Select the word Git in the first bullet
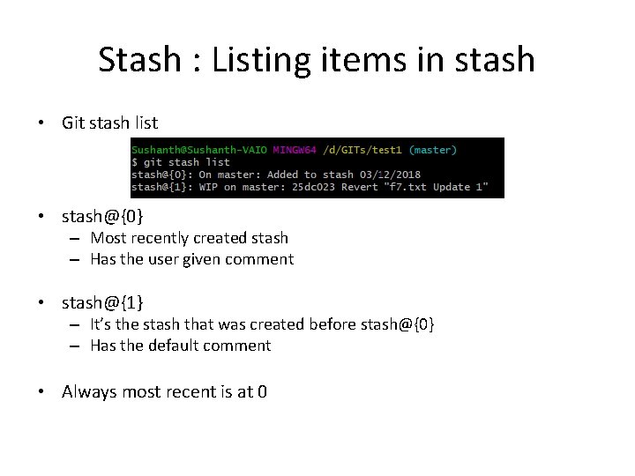(x=73, y=123)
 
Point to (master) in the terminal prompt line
(x=434, y=150)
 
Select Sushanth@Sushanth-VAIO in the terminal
(x=200, y=150)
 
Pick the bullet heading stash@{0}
(x=102, y=216)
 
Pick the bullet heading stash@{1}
(x=102, y=303)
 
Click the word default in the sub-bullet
(x=180, y=346)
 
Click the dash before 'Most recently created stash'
(x=75, y=238)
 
